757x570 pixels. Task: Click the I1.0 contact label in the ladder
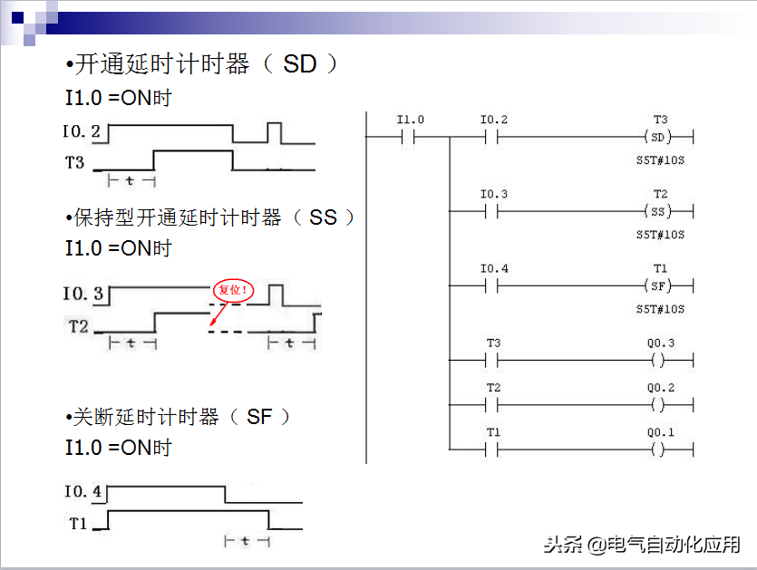click(x=410, y=121)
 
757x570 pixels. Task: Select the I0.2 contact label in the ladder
click(x=493, y=121)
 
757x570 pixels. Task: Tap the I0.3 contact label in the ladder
click(x=493, y=195)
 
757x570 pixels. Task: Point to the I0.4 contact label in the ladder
click(x=493, y=269)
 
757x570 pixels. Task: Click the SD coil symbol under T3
click(x=659, y=137)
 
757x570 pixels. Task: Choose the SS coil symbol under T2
click(x=659, y=211)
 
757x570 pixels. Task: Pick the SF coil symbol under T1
click(x=659, y=285)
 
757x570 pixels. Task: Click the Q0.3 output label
click(x=660, y=343)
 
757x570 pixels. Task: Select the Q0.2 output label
click(x=660, y=388)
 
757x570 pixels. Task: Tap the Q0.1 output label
click(x=660, y=432)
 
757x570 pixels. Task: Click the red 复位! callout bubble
click(x=233, y=291)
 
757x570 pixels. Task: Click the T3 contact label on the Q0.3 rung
click(x=493, y=343)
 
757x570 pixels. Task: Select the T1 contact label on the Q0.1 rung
click(x=493, y=432)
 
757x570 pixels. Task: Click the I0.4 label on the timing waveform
click(x=82, y=492)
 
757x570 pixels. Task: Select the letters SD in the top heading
click(x=299, y=64)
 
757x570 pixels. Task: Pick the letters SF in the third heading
click(x=259, y=417)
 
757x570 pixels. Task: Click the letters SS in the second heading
click(x=323, y=217)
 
